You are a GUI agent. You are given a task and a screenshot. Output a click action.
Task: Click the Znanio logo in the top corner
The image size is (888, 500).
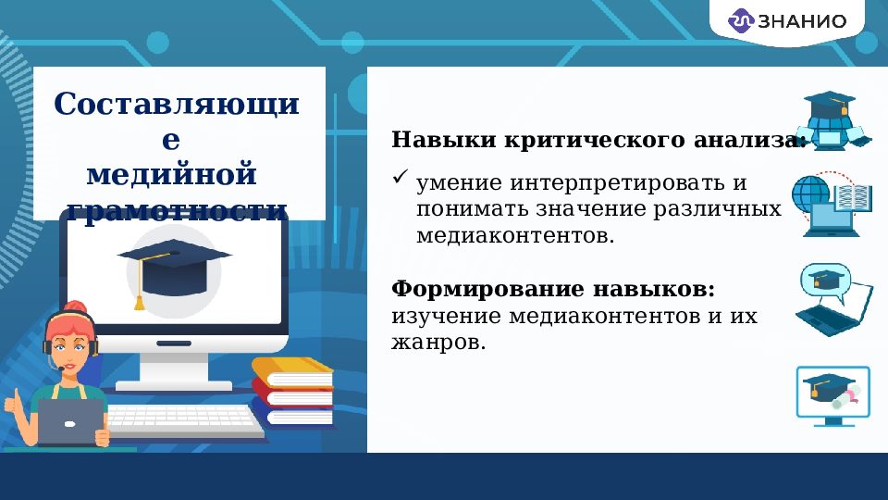tap(799, 21)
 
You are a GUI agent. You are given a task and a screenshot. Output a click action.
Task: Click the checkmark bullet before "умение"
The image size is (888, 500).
tap(401, 175)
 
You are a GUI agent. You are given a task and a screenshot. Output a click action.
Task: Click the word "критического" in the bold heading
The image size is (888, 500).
tap(597, 141)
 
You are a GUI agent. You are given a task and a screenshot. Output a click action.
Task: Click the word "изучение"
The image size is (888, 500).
tap(439, 317)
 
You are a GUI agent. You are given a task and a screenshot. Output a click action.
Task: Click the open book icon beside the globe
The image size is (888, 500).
tap(853, 197)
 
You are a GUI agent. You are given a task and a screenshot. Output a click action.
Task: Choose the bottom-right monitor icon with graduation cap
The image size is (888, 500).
tap(832, 394)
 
